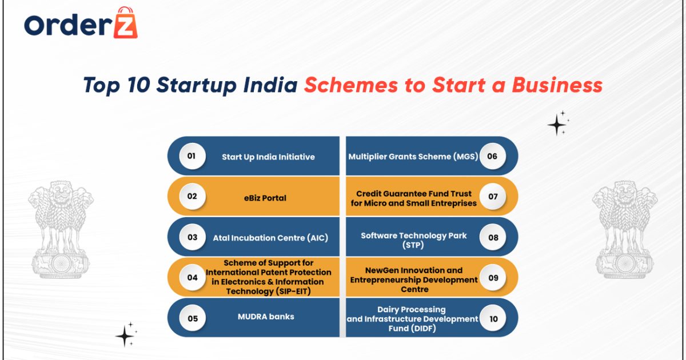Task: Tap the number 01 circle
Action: [x=192, y=156]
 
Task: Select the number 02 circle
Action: [x=192, y=196]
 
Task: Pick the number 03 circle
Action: [x=192, y=237]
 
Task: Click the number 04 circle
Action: [x=192, y=278]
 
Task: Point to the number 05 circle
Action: [x=192, y=318]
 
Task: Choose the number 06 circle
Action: [x=492, y=156]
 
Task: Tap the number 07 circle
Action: [x=493, y=196]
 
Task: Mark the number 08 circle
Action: [x=493, y=237]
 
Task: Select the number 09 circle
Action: [x=493, y=278]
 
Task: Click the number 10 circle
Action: [x=493, y=318]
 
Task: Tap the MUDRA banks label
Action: [x=266, y=316]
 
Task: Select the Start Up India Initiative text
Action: [x=268, y=157]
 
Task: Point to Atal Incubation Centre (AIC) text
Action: [x=270, y=238]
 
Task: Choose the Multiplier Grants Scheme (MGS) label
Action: [x=413, y=156]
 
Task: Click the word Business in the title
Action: [x=557, y=85]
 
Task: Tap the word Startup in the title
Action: [x=194, y=85]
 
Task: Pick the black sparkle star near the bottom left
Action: [x=125, y=335]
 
